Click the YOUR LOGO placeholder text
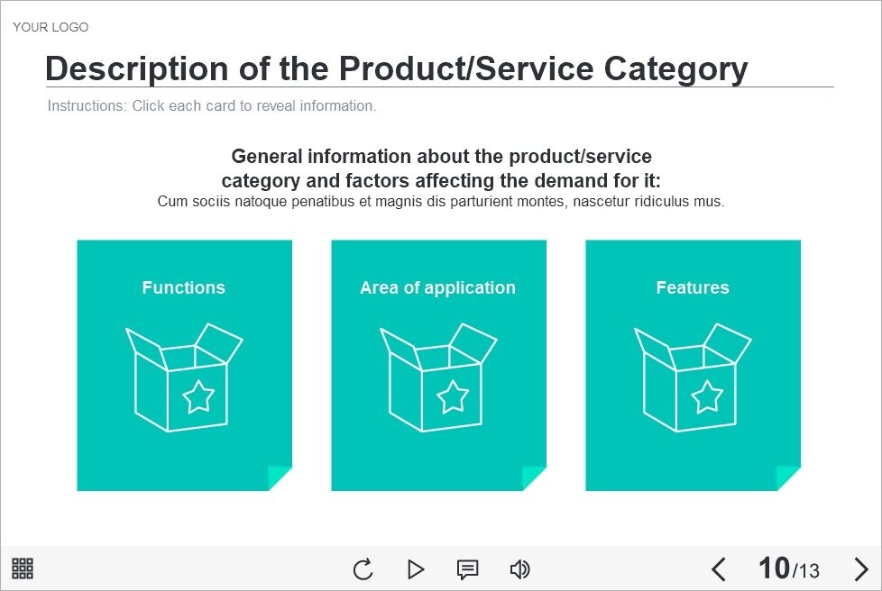(x=51, y=27)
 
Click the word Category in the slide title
(x=676, y=69)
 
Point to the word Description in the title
(x=138, y=69)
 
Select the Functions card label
(x=183, y=287)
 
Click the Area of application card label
(x=437, y=287)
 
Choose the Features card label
(x=693, y=287)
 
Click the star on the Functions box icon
(x=198, y=396)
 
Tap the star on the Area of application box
(x=453, y=396)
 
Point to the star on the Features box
(x=707, y=396)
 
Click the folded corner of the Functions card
(x=279, y=477)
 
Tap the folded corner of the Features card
(x=787, y=477)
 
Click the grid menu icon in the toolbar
(x=23, y=568)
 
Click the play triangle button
(x=416, y=569)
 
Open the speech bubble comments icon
(x=467, y=569)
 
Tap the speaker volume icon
(x=519, y=569)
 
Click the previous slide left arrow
(x=718, y=569)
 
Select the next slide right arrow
(x=861, y=569)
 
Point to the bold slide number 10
(x=774, y=568)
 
